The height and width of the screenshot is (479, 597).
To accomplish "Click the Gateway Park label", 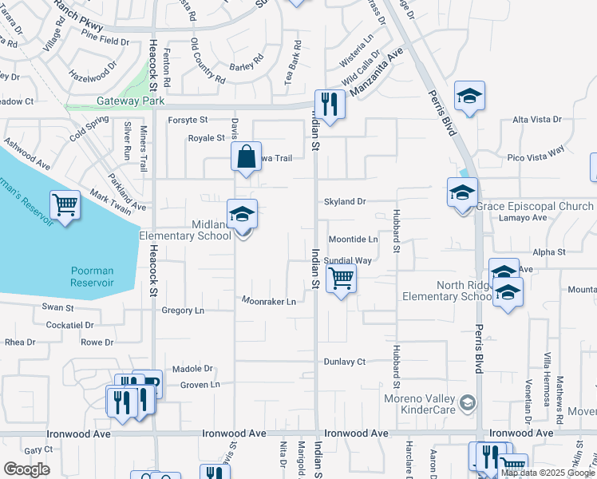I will pyautogui.click(x=130, y=101).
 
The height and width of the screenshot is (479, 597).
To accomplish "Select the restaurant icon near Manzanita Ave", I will pyautogui.click(x=328, y=104).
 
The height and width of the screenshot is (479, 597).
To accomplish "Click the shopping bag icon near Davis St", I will pyautogui.click(x=247, y=156).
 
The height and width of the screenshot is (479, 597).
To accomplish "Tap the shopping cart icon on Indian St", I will pyautogui.click(x=341, y=279).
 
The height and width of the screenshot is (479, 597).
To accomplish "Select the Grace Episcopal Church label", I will pyautogui.click(x=535, y=206).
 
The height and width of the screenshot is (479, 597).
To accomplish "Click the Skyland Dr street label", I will pyautogui.click(x=345, y=202).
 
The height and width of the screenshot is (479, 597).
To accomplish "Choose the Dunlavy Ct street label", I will pyautogui.click(x=344, y=362).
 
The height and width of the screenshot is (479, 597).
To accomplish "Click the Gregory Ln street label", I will pyautogui.click(x=183, y=310).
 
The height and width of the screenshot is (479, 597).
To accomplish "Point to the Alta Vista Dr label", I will pyautogui.click(x=536, y=120).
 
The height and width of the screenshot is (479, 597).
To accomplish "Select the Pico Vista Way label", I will pyautogui.click(x=536, y=149).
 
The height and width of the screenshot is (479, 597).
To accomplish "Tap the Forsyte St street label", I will pyautogui.click(x=188, y=120).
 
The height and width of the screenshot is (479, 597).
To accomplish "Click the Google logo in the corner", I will pyautogui.click(x=26, y=469).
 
